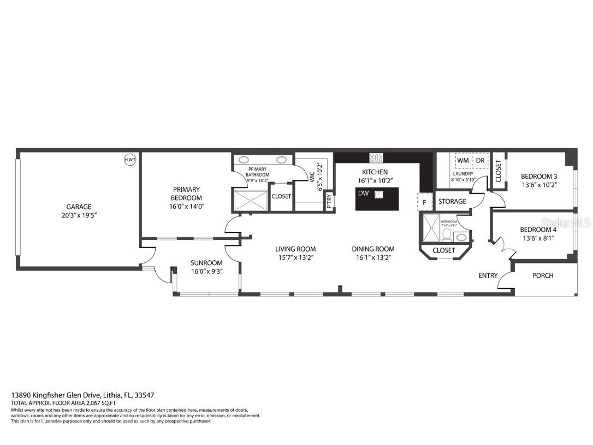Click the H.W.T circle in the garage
(x=131, y=160)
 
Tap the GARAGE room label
(x=79, y=207)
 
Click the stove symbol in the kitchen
(x=377, y=158)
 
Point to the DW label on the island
(x=363, y=194)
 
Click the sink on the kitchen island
(x=378, y=194)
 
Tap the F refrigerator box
(x=425, y=202)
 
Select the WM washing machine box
(x=463, y=161)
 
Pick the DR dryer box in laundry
(x=480, y=161)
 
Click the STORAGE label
(x=452, y=201)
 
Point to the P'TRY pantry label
(x=329, y=201)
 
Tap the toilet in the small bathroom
(x=446, y=235)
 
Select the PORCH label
(x=543, y=276)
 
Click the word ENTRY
(x=488, y=276)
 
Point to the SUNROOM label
(x=206, y=262)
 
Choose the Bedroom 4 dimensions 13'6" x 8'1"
(x=538, y=238)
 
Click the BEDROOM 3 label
(x=538, y=176)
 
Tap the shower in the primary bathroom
(x=251, y=200)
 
